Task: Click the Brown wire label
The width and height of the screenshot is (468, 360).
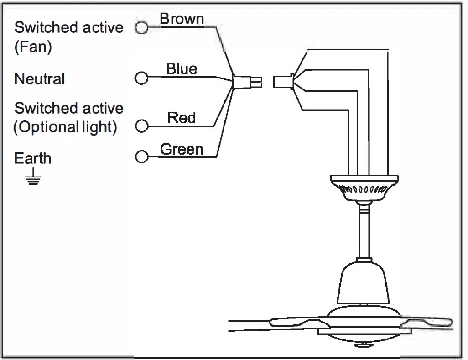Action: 182,19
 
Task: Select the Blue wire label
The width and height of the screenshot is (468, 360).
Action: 182,69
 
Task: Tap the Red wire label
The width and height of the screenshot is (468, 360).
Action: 182,118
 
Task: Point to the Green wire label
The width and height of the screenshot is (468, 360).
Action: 182,149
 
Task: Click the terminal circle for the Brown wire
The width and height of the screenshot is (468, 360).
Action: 142,28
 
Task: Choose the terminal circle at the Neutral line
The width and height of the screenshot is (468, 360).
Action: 142,78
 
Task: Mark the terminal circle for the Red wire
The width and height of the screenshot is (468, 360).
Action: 142,126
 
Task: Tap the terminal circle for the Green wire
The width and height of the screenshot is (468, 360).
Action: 142,157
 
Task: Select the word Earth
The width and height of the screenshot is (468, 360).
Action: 33,158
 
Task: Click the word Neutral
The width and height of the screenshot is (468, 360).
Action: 40,79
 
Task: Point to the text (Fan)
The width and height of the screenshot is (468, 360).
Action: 33,47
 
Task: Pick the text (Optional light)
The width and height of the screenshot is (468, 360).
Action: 65,127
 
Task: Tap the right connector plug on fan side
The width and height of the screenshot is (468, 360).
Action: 283,82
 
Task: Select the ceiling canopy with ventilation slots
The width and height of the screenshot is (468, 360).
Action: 364,188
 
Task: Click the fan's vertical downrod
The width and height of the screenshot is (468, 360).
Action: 364,233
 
